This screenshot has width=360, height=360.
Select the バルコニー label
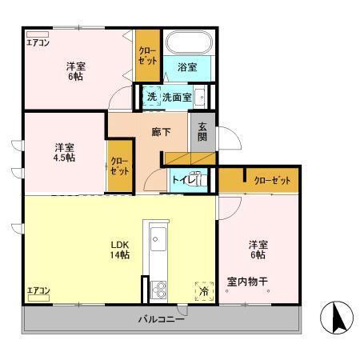pos(160,320)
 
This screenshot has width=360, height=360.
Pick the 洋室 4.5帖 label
pos(65,152)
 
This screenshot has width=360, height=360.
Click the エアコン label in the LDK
pos(38,290)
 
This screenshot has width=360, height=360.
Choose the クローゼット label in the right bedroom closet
pos(271,182)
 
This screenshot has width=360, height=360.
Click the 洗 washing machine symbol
pos(150,98)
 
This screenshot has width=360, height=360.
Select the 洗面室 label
pos(176,98)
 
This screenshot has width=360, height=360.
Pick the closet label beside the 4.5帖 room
pos(119,166)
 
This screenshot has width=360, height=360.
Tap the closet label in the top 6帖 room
pos(147,54)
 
